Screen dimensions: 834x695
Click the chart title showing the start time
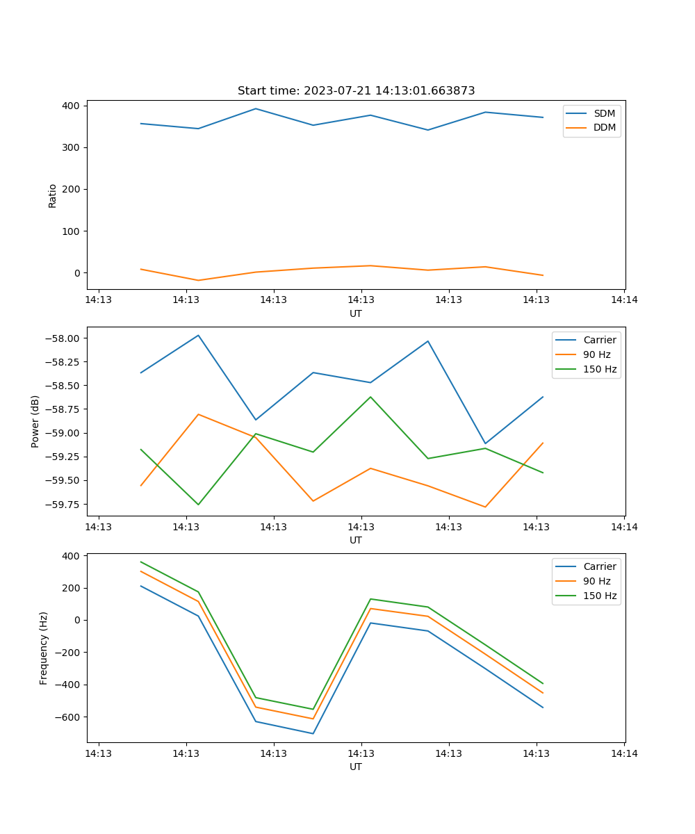(356, 91)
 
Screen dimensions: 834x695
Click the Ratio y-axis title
(53, 195)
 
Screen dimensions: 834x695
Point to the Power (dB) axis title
(35, 421)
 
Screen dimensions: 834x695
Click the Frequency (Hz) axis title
(44, 648)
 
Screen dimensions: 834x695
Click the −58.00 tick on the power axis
(62, 338)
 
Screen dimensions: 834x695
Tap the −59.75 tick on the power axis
(62, 504)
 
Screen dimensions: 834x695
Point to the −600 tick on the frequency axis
(68, 717)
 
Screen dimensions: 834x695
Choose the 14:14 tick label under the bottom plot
(623, 753)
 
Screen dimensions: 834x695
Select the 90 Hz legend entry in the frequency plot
(596, 581)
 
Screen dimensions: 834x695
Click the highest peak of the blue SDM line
(256, 108)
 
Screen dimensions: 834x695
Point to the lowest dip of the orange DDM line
(199, 280)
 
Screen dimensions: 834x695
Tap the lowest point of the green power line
(199, 505)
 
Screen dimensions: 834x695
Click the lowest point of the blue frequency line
(313, 733)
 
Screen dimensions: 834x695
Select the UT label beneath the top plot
(356, 313)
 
